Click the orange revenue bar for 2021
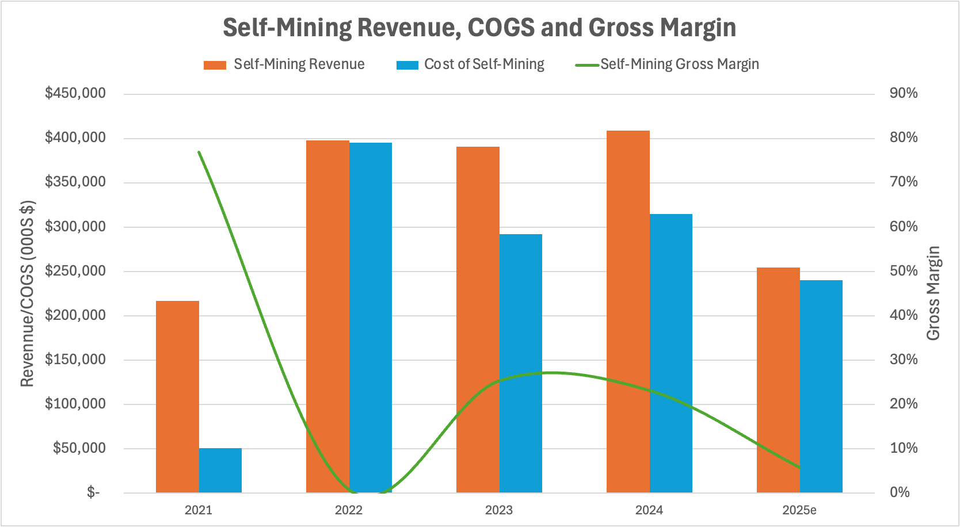click(177, 397)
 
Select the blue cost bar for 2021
click(220, 471)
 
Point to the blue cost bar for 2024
click(671, 353)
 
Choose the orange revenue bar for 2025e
click(778, 380)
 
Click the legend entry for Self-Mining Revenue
click(284, 64)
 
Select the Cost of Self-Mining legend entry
click(471, 64)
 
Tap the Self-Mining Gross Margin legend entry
click(668, 64)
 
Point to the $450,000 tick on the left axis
click(75, 93)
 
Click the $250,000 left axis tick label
click(75, 271)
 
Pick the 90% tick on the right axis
click(904, 93)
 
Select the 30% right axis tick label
click(904, 360)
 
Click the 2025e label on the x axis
click(799, 510)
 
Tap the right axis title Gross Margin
click(934, 293)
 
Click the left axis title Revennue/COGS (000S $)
click(27, 293)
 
